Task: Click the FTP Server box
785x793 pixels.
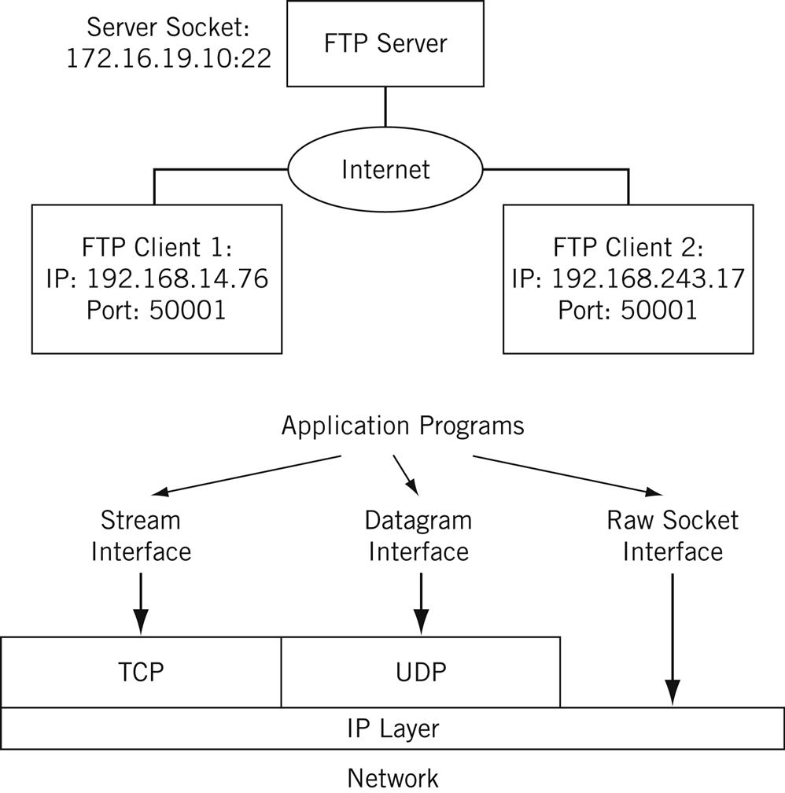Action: [385, 44]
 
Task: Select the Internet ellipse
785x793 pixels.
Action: [385, 169]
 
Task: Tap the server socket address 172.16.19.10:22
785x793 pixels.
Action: [168, 59]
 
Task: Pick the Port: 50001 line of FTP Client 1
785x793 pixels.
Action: [157, 309]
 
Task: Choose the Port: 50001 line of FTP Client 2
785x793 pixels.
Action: [628, 309]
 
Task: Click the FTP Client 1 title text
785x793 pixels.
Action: [157, 248]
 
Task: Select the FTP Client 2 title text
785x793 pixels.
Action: [628, 248]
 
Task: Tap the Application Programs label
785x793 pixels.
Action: [402, 426]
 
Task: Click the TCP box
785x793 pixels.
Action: [141, 672]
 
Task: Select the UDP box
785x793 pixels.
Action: [420, 672]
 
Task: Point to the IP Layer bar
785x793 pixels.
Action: [392, 728]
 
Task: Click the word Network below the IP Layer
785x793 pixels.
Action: [392, 777]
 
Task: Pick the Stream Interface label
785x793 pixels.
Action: [141, 535]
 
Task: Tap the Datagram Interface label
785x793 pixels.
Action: [418, 535]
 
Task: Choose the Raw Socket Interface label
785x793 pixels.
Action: [673, 535]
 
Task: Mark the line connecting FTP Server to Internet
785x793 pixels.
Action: [385, 106]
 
